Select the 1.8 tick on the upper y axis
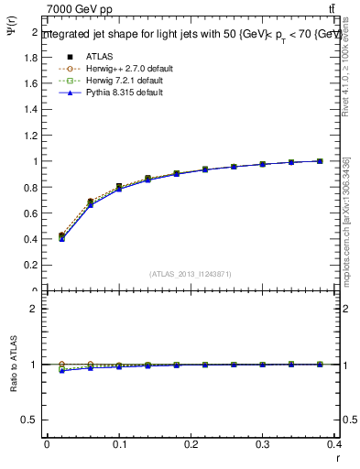pyautogui.click(x=34, y=57)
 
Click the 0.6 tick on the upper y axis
pyautogui.click(x=34, y=213)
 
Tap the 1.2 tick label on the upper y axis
pyautogui.click(x=34, y=136)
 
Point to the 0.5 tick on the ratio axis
pyautogui.click(x=34, y=420)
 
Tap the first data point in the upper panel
pyautogui.click(x=61, y=236)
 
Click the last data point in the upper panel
pyautogui.click(x=320, y=161)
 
